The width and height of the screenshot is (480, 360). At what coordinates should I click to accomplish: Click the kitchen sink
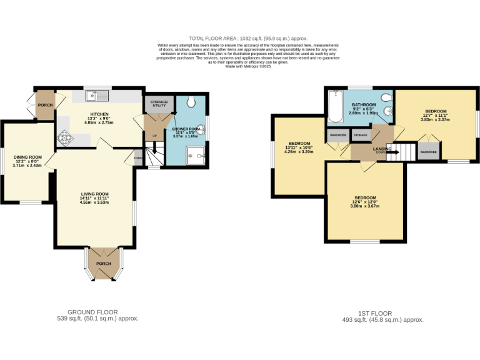coord(98,96)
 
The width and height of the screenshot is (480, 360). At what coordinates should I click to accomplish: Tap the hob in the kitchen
coord(65,138)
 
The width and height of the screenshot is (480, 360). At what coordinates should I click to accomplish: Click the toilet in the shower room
coord(192,102)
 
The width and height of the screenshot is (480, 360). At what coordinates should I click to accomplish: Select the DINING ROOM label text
coord(27,157)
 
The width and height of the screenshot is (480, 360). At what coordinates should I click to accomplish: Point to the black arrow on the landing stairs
coord(393,151)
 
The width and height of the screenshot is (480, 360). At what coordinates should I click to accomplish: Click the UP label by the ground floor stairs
coord(154,136)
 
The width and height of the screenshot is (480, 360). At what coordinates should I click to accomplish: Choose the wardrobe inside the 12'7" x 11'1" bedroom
coord(427,152)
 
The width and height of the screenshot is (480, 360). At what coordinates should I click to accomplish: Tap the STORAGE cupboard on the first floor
coord(360,134)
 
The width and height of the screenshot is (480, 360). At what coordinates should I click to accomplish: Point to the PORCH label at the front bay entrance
coord(103,264)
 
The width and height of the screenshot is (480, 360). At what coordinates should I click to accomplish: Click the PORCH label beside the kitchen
coord(44,104)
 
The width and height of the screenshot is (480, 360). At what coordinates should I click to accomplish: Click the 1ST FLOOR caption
coord(376,313)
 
